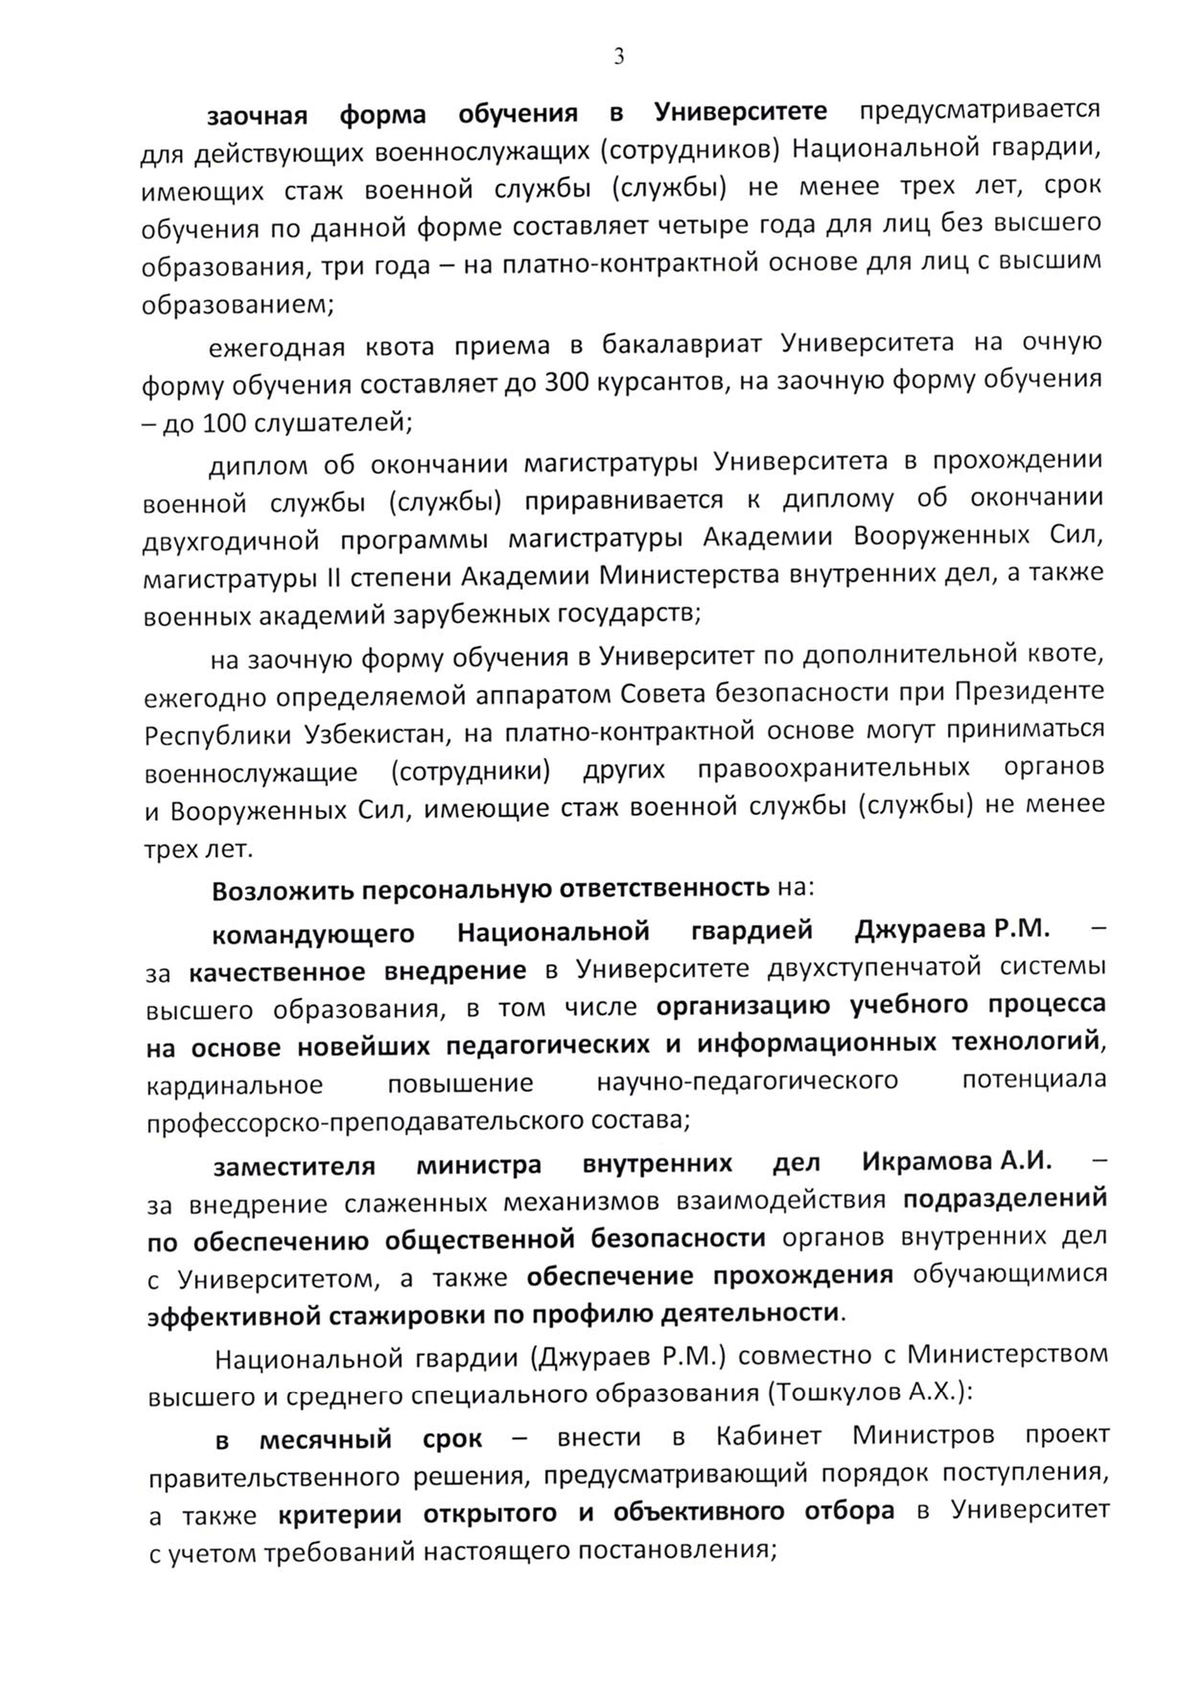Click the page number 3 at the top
619,57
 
